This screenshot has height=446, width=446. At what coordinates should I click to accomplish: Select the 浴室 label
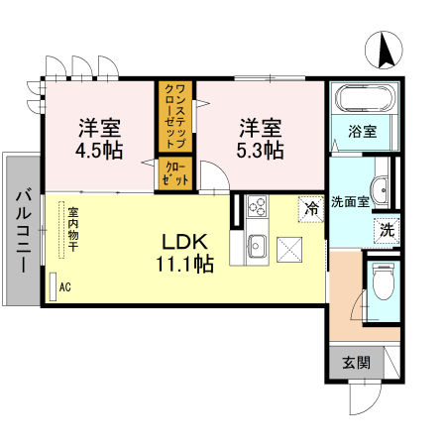coord(363,130)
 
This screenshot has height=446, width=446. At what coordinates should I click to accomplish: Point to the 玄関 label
coord(357,363)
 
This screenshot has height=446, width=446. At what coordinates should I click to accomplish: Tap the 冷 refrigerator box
coord(312,209)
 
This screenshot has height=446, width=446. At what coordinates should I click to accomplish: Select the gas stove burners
coord(257,207)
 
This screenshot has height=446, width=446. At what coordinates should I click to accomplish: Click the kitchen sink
coord(258,244)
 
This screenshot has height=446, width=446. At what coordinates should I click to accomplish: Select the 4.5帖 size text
coord(100,151)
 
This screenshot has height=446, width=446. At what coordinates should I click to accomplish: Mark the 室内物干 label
coord(72,231)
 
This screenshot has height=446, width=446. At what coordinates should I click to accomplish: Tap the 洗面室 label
coord(350,200)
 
